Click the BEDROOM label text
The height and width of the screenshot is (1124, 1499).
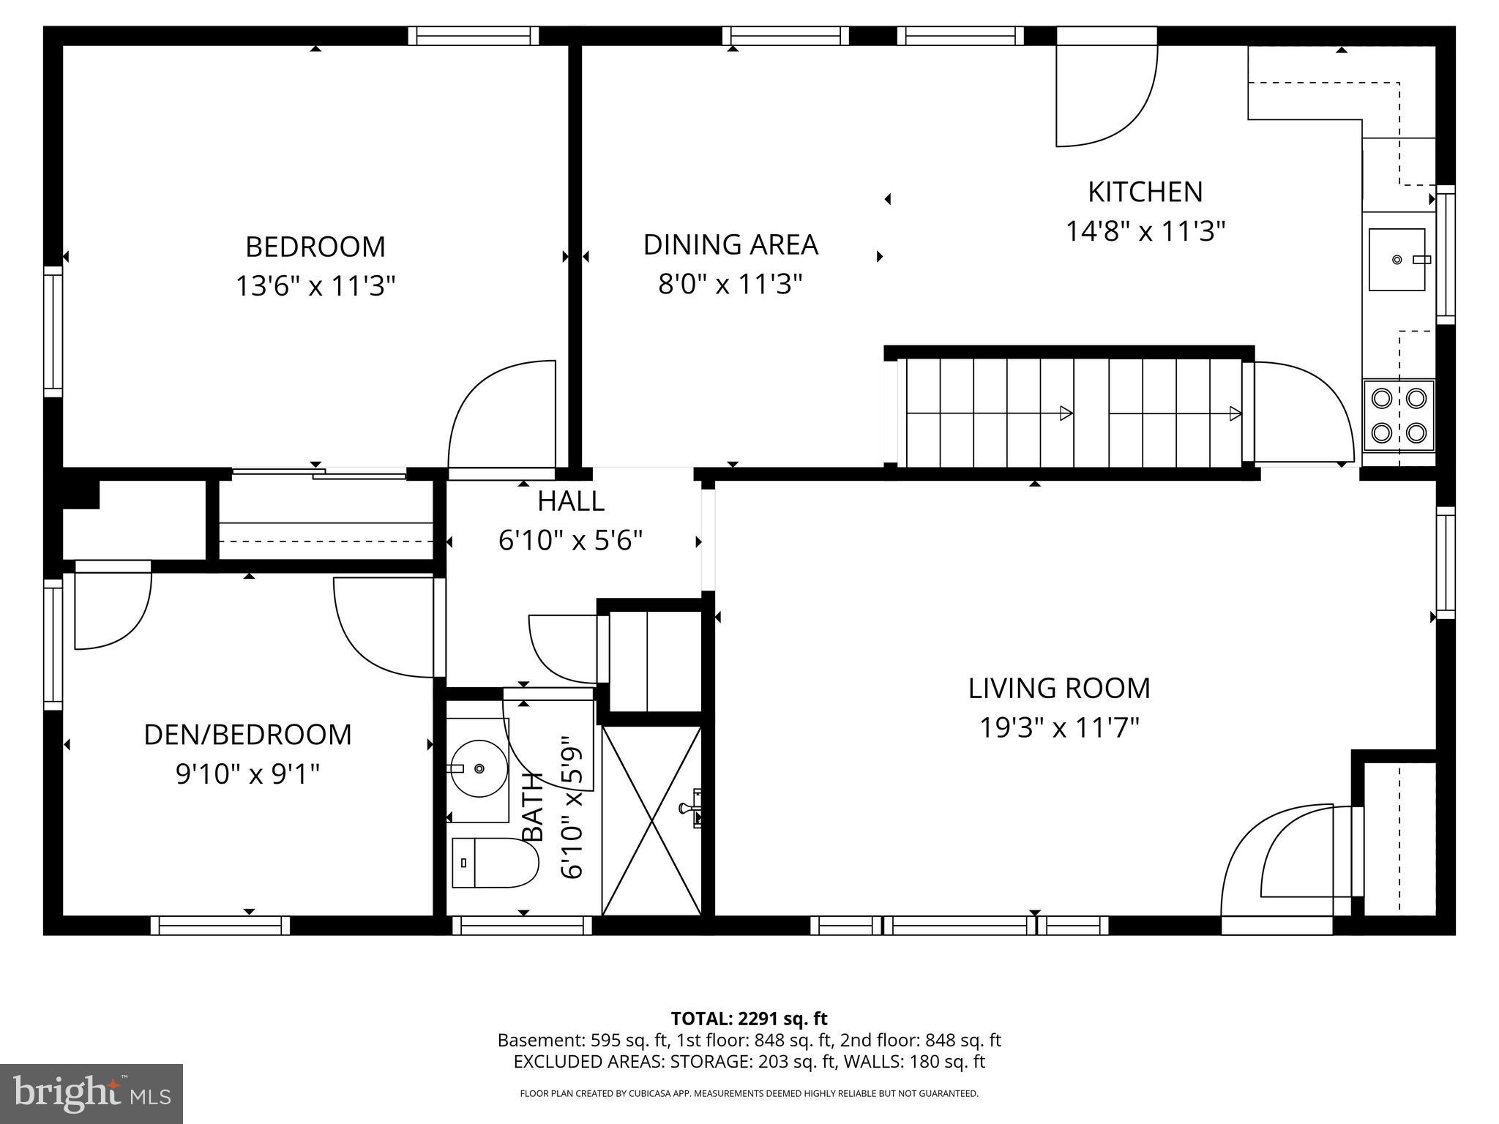[x=315, y=247]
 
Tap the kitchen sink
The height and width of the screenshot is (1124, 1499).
[x=1397, y=259]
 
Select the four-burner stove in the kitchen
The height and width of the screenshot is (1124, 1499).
[x=1398, y=416]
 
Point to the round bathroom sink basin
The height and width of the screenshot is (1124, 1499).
[x=479, y=768]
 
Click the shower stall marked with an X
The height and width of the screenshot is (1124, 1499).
[x=651, y=820]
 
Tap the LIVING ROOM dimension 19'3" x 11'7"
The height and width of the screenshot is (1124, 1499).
[x=1059, y=727]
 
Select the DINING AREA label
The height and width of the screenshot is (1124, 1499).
[x=730, y=244]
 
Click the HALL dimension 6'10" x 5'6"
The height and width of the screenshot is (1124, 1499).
[x=570, y=541]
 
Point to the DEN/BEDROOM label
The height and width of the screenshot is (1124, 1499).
[x=247, y=734]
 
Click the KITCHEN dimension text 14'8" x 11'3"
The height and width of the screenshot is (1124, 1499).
[x=1145, y=231]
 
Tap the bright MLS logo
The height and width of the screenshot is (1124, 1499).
[x=91, y=1093]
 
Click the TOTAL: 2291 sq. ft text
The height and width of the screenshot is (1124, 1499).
[x=749, y=1018]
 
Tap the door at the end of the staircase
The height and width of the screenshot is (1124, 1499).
[x=1299, y=413]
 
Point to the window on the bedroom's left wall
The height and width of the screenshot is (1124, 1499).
[x=53, y=331]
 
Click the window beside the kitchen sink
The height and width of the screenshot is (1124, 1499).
[x=1445, y=254]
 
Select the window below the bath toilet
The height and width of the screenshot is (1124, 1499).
[x=522, y=926]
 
